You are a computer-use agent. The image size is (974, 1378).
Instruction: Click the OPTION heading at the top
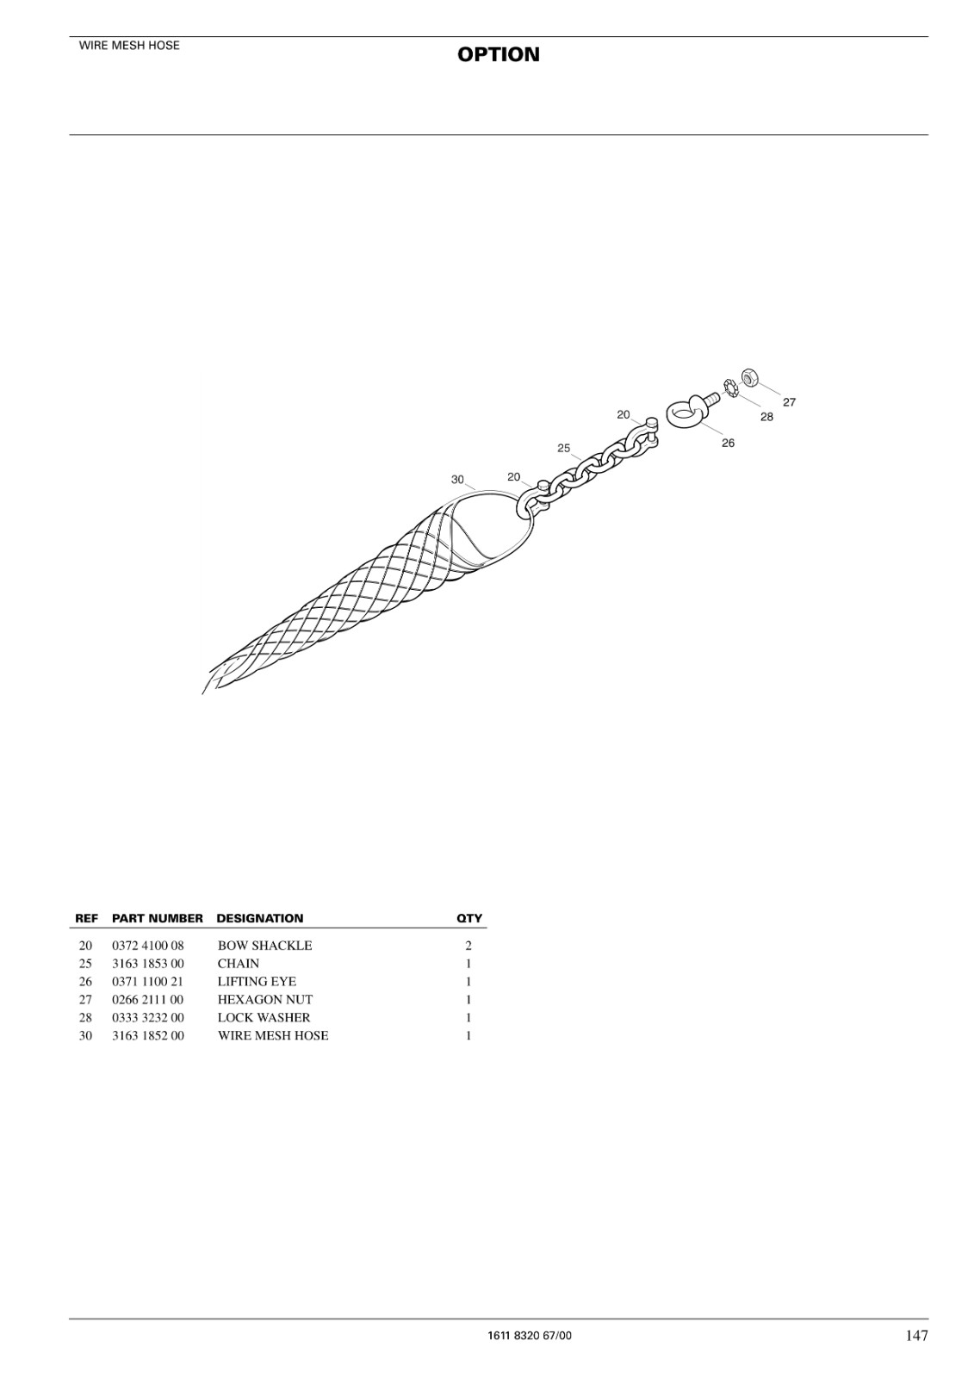[498, 55]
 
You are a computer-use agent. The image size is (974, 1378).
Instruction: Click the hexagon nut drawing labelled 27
[749, 376]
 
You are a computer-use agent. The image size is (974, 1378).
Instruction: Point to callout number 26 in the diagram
[728, 443]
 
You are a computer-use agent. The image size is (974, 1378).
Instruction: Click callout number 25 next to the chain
[563, 448]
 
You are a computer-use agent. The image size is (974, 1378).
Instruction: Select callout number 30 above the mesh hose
[457, 479]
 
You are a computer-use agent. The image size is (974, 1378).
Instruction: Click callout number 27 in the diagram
[790, 402]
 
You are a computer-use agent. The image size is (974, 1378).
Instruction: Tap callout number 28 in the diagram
[766, 417]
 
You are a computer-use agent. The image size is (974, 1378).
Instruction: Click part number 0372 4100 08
[147, 946]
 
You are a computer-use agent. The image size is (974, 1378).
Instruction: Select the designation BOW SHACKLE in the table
[264, 946]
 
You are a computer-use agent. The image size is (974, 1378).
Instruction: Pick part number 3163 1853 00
[147, 964]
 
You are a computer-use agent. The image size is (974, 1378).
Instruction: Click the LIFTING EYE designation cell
[257, 981]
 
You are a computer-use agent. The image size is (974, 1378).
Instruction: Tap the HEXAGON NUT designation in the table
[265, 1000]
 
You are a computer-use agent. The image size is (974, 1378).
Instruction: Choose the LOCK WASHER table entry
[264, 1017]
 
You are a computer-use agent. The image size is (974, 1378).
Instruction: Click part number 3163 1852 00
[147, 1035]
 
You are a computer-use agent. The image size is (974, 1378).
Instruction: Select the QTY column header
[468, 918]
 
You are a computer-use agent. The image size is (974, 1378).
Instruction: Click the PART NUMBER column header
[158, 918]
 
